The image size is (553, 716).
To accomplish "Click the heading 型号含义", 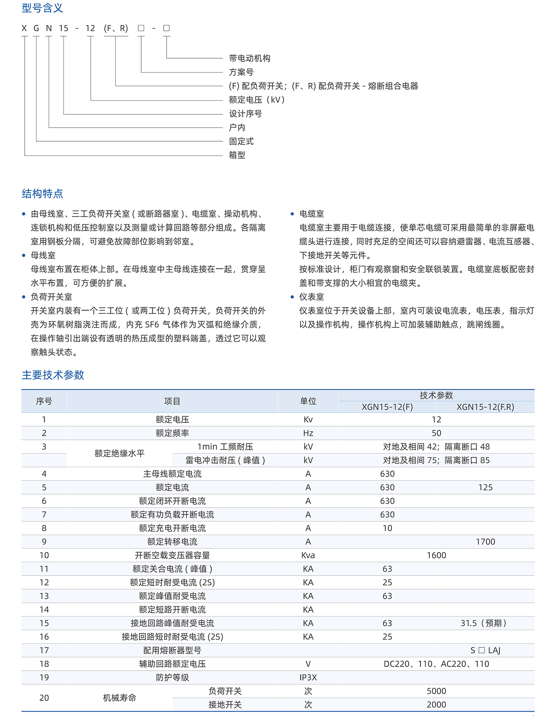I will [x=42, y=8].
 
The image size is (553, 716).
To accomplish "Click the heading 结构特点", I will [x=42, y=194].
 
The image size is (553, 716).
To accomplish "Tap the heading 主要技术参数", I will [x=53, y=375].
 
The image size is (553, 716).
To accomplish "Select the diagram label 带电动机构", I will [x=250, y=58].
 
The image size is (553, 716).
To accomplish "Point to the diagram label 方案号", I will [x=241, y=72].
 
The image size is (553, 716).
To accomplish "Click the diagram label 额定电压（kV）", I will [x=257, y=100].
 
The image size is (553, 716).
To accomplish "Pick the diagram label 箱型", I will [x=237, y=155].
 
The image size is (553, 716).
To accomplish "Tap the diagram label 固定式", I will [x=241, y=141].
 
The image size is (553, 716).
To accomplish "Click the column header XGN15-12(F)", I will [x=387, y=407].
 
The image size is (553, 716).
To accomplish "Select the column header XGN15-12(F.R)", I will [x=485, y=407].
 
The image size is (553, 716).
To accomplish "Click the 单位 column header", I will [x=308, y=401].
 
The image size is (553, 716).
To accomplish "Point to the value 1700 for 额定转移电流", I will [x=485, y=542].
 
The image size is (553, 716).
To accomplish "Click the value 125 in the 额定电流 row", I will [x=485, y=487].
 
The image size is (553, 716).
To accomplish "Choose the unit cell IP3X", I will [x=308, y=677].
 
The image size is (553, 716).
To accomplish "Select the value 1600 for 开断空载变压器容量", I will [x=436, y=555].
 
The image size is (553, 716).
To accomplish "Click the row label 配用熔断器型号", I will [x=172, y=650].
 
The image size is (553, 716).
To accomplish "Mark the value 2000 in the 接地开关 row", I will [x=436, y=705].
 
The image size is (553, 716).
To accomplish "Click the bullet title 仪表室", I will [x=312, y=297].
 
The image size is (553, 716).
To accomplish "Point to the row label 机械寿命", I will [x=119, y=698].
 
